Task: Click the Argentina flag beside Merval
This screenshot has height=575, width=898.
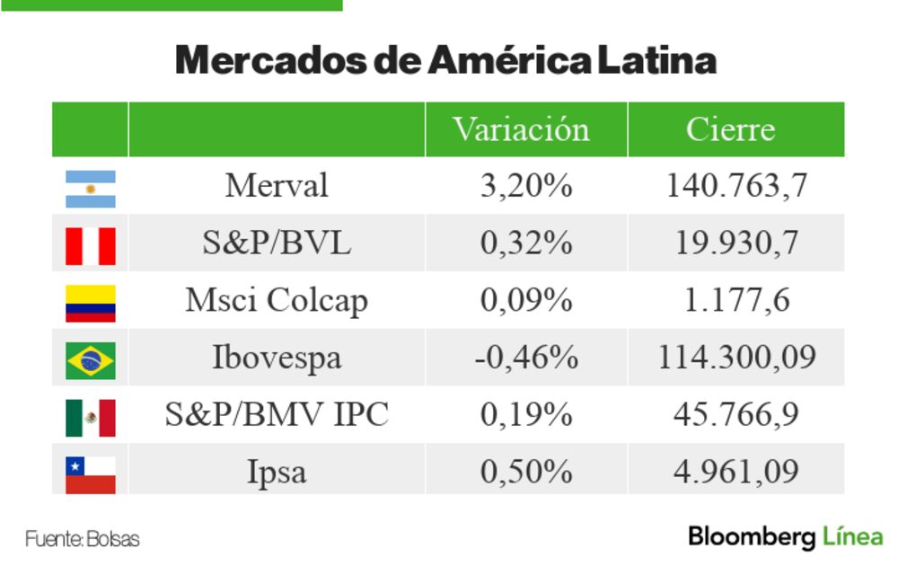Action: coord(90,188)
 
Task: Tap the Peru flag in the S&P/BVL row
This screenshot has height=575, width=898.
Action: coord(90,245)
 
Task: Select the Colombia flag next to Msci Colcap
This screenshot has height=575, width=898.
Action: coord(90,303)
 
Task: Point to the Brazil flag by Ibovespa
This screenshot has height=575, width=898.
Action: coord(90,360)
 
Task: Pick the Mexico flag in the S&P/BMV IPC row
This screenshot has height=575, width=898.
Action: coord(90,417)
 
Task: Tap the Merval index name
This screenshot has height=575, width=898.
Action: coord(277,186)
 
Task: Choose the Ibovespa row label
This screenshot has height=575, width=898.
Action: coord(277,358)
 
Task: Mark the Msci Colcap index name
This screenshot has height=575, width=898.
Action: coord(277,301)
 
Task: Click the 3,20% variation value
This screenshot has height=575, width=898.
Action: coord(526,186)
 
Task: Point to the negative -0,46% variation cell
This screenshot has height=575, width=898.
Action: coord(526,358)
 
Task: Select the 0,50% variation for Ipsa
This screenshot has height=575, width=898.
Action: coord(526,472)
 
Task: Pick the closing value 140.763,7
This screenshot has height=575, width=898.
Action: coord(736,186)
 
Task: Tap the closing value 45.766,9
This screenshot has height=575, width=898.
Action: coord(736,414)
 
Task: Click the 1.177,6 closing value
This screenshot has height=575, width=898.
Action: coord(736,301)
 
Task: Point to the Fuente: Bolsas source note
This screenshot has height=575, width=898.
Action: coord(83,540)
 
